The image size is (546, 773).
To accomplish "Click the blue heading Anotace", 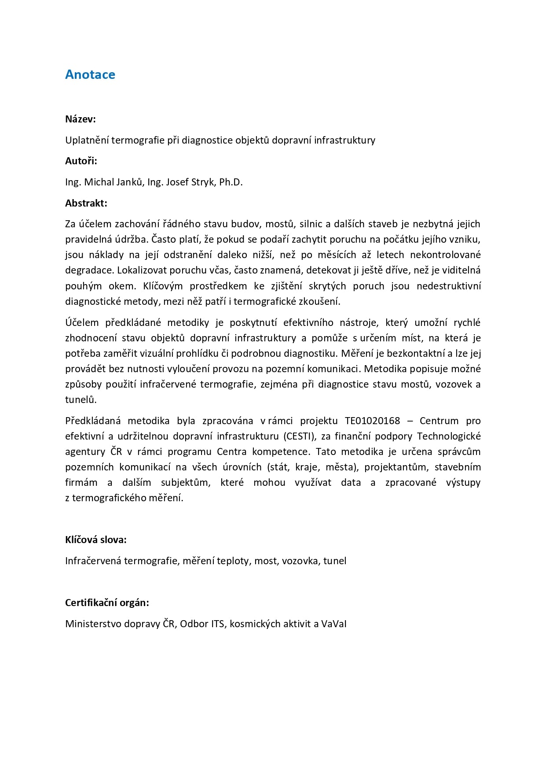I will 90,75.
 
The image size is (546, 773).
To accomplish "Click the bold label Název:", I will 81,119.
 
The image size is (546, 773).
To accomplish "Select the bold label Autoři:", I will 81,161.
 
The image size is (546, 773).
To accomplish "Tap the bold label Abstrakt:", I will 86,203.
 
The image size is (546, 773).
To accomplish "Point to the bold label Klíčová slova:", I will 96,540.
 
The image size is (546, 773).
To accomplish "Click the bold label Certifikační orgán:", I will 107,603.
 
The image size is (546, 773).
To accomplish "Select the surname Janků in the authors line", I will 130,182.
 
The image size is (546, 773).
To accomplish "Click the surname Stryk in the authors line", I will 204,182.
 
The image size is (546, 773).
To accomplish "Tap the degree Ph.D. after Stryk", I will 231,182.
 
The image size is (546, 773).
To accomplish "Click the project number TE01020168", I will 372,421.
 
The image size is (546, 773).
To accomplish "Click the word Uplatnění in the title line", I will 87,141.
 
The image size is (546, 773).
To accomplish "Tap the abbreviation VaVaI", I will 334,624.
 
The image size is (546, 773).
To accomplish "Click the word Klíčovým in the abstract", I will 163,286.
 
